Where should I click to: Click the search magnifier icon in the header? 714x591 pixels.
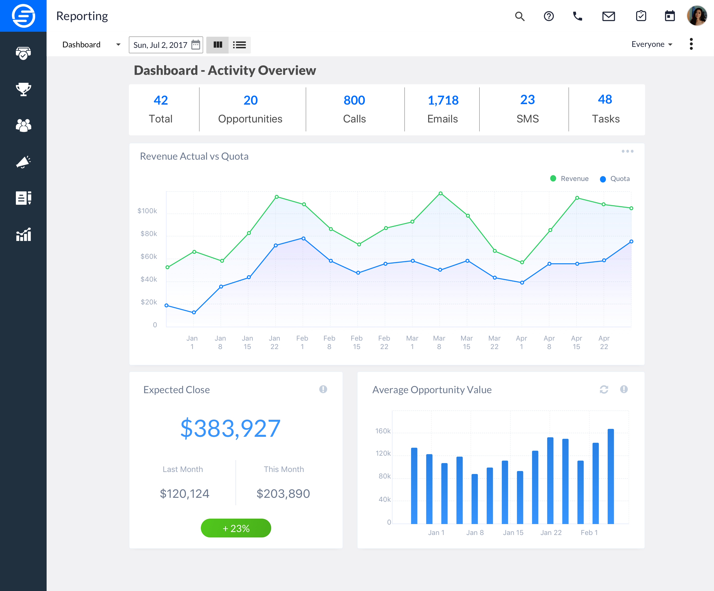click(x=520, y=16)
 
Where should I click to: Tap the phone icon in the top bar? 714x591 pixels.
click(x=578, y=16)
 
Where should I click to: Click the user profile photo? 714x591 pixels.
click(x=697, y=16)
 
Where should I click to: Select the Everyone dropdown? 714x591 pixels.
click(x=652, y=44)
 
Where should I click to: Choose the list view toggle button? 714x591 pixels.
click(x=239, y=45)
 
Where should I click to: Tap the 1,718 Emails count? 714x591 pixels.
click(x=443, y=100)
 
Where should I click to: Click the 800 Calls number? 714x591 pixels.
click(x=354, y=100)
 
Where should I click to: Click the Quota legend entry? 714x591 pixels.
click(x=615, y=178)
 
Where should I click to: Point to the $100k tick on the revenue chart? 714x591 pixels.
click(x=147, y=211)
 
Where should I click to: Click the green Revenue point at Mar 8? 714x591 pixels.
click(x=440, y=193)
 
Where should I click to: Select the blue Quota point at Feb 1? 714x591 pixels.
click(x=303, y=238)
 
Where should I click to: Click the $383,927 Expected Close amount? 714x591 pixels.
click(x=230, y=428)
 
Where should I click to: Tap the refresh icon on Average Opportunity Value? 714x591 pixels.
click(x=604, y=389)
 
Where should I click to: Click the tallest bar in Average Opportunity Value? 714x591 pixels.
click(x=611, y=476)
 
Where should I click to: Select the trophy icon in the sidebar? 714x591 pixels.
click(x=24, y=89)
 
